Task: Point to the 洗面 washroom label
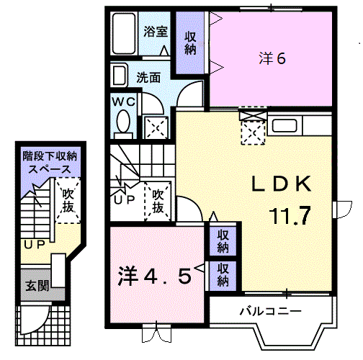tap(149, 77)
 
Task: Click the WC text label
tap(122, 102)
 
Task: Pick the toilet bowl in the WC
tap(123, 122)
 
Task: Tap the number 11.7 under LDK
tap(291, 214)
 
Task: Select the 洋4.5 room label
tap(155, 276)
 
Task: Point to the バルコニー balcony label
tap(270, 311)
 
